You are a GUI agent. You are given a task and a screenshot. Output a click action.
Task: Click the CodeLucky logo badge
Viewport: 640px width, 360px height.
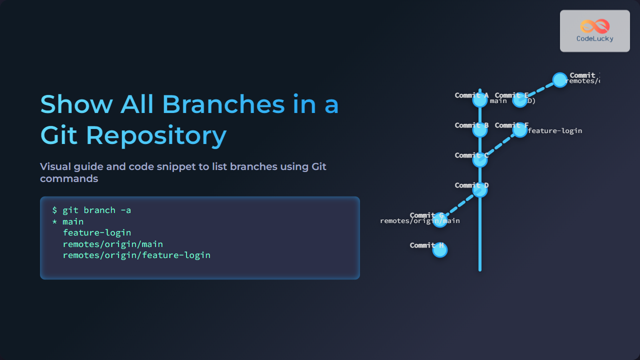(x=594, y=31)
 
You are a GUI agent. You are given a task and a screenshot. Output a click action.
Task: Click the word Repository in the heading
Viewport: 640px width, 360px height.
(x=156, y=135)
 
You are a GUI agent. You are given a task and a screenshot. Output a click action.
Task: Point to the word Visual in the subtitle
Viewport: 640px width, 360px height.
(x=55, y=166)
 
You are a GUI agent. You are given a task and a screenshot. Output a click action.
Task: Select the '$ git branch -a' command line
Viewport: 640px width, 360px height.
(x=91, y=210)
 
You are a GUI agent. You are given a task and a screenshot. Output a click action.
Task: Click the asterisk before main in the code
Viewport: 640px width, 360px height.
(x=55, y=222)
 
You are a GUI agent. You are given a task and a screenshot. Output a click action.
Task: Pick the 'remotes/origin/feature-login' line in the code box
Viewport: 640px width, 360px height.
(x=136, y=255)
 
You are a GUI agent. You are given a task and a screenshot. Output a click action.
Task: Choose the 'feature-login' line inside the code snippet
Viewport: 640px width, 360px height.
(x=97, y=232)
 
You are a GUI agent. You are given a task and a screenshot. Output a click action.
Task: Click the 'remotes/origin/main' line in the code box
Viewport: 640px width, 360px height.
(x=113, y=244)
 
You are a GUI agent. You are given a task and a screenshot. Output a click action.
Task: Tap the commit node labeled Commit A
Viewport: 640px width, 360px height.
(x=480, y=100)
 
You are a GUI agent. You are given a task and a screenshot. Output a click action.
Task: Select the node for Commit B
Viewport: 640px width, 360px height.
(x=480, y=130)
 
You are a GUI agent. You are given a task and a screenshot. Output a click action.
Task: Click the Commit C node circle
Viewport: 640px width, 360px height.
(x=480, y=160)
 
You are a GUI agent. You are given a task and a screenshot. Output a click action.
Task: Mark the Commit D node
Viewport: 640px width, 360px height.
(x=480, y=190)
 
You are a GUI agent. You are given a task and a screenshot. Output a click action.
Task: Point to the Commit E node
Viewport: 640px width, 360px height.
(x=520, y=100)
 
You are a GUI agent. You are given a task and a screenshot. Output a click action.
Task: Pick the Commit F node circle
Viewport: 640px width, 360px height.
(x=520, y=130)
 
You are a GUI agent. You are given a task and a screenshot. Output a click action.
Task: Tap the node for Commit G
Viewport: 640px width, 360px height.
(x=440, y=220)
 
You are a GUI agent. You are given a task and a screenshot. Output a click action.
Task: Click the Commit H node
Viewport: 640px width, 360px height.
(x=440, y=250)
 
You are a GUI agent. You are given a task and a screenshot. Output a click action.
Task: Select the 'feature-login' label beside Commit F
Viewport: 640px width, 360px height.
(x=555, y=131)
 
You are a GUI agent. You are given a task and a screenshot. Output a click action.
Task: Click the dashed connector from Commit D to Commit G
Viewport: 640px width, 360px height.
(x=460, y=205)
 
